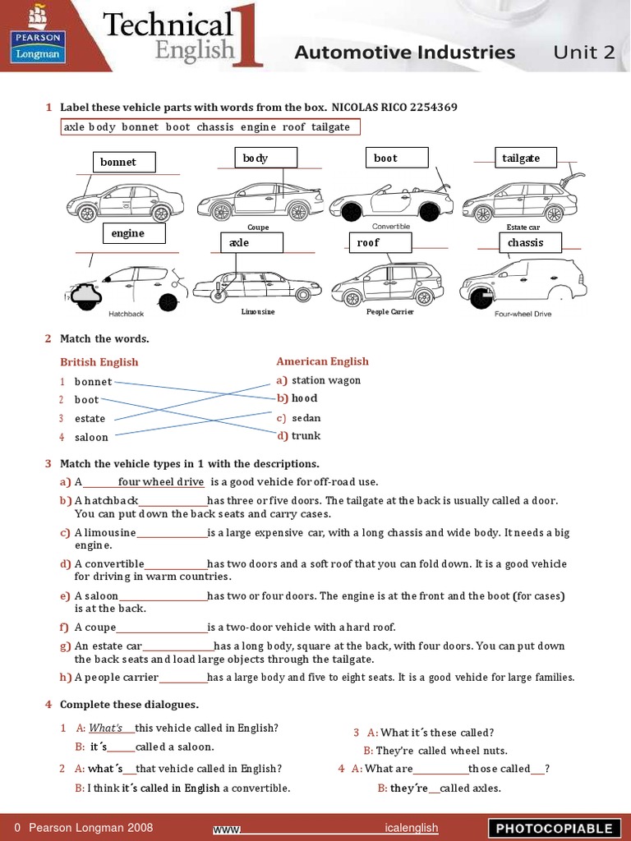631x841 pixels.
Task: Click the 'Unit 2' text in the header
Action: pos(583,53)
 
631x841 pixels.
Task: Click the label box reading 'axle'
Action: pos(251,242)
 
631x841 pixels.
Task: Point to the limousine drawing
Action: pos(256,287)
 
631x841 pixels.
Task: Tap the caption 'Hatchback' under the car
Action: pos(127,314)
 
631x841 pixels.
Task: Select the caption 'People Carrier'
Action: pos(389,312)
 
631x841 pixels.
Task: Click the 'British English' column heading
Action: pos(99,362)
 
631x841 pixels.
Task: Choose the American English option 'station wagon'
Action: pos(325,380)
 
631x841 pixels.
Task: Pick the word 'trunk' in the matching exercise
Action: pos(306,436)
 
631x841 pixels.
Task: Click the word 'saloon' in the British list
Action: pos(91,437)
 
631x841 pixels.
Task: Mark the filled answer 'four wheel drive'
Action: pos(161,482)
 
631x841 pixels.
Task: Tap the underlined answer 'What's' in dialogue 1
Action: pos(105,728)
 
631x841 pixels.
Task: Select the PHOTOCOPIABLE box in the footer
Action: pos(553,828)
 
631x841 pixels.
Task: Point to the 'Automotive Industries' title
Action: pos(404,53)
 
